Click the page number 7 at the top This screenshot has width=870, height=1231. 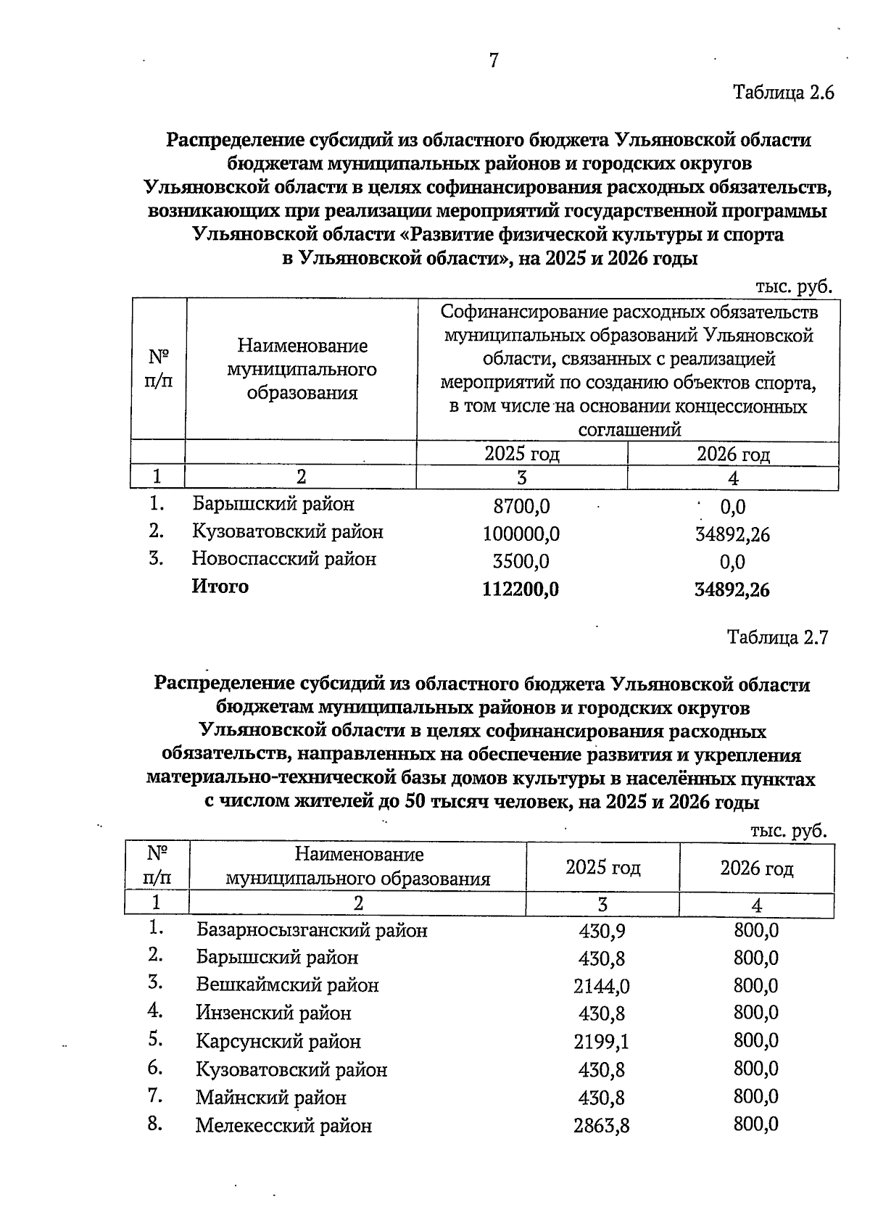[x=493, y=61]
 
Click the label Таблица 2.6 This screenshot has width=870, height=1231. [x=784, y=93]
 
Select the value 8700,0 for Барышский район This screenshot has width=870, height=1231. [x=521, y=507]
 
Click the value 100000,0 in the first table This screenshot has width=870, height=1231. [x=521, y=534]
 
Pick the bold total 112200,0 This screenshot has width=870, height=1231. [x=521, y=589]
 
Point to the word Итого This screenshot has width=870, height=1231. [x=220, y=587]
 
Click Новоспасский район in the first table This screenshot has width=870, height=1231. [x=283, y=559]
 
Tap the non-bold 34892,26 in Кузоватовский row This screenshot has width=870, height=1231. [x=732, y=535]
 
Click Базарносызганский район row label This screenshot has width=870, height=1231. [x=312, y=930]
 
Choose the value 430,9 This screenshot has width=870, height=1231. [x=602, y=931]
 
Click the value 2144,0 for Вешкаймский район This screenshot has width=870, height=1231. [x=602, y=986]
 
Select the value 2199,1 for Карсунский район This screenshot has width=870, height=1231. [x=602, y=1042]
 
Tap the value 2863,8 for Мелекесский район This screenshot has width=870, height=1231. [x=602, y=1126]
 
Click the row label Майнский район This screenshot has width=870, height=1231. [x=270, y=1098]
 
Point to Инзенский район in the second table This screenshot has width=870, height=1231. [x=273, y=1013]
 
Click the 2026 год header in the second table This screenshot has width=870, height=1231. [x=756, y=868]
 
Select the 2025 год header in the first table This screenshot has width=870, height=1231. [x=521, y=454]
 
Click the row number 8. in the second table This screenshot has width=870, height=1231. [x=154, y=1124]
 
